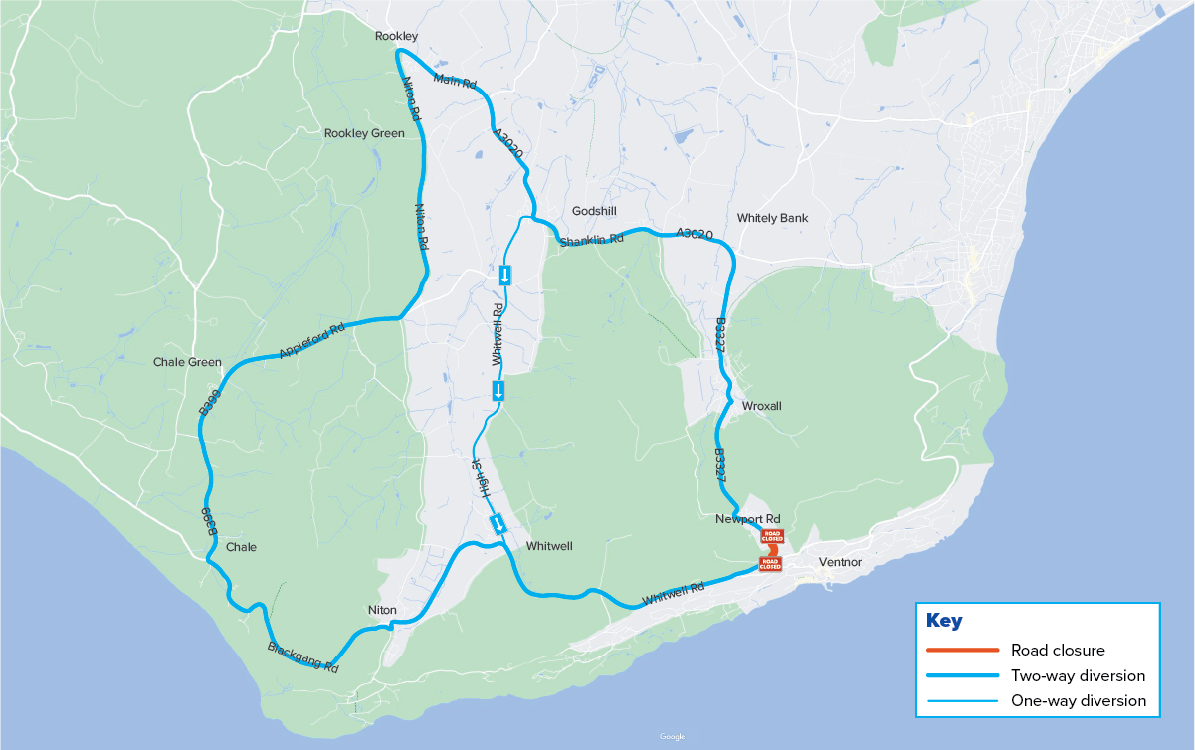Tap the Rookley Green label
(x=364, y=133)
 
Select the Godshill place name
(x=595, y=212)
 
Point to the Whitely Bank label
(x=772, y=218)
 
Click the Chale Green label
(x=187, y=362)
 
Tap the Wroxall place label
(x=762, y=407)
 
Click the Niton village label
(x=382, y=610)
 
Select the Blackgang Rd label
(x=303, y=657)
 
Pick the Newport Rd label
(x=748, y=519)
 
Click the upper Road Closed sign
(x=771, y=536)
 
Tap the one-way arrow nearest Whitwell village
(x=498, y=524)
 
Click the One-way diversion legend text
(x=1078, y=701)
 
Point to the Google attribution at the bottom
(x=672, y=737)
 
